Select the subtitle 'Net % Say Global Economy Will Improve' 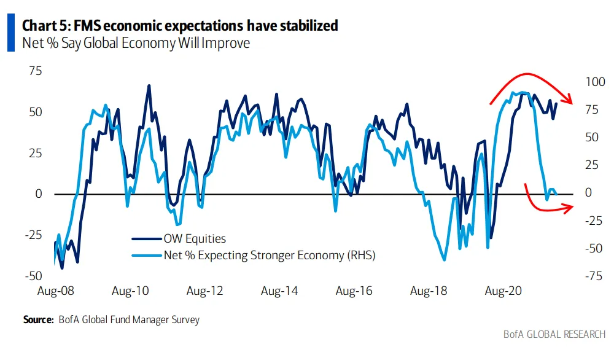click(136, 44)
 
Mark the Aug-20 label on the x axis click(503, 291)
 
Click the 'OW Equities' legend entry click(194, 239)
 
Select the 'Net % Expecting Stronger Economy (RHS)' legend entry click(268, 255)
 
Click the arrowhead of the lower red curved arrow click(571, 207)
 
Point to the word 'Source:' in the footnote click(38, 320)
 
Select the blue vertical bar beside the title click(10, 34)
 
